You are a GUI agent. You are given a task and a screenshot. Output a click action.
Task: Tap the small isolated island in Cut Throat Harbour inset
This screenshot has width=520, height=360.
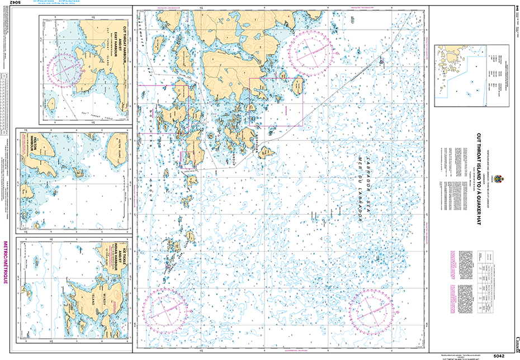tap(52, 103)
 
